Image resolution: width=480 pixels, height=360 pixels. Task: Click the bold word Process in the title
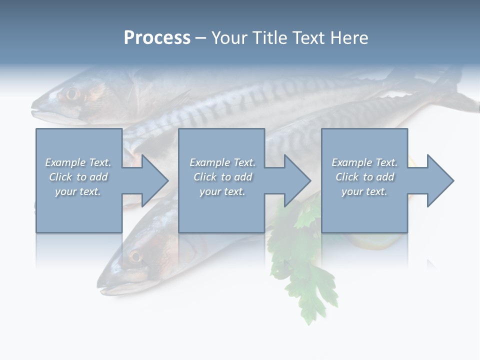(x=157, y=38)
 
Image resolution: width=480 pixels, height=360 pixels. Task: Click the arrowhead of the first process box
(x=152, y=180)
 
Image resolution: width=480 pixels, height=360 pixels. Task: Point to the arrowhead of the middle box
(x=295, y=180)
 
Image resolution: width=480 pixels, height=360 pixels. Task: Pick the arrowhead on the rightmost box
(x=438, y=180)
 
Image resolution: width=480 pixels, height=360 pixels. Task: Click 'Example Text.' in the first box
(x=78, y=162)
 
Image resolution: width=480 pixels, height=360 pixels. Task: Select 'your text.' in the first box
(x=78, y=191)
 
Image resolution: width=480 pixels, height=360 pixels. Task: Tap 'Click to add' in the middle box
(x=222, y=177)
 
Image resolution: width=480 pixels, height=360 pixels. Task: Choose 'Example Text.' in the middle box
(x=222, y=162)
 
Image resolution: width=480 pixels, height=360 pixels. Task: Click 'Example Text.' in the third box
(x=364, y=162)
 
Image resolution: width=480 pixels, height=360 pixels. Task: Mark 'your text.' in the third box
(x=364, y=191)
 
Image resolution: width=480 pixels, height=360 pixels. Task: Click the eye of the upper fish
(x=72, y=93)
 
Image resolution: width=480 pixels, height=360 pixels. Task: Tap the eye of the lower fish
(x=135, y=257)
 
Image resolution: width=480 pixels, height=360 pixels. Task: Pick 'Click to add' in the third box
(x=364, y=177)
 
